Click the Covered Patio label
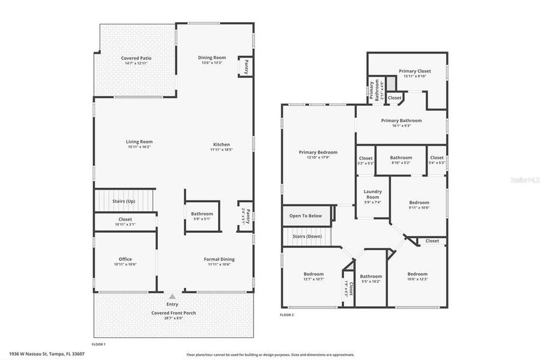click(136, 58)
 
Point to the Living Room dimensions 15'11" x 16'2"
click(139, 147)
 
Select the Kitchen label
click(221, 145)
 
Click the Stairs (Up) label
click(124, 201)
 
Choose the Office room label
click(125, 259)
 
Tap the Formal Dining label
click(221, 259)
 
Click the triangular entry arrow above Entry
click(172, 296)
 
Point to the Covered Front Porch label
click(173, 313)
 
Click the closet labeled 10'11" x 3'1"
click(125, 222)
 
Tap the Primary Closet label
click(407, 71)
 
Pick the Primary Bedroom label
click(318, 152)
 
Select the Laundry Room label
click(373, 194)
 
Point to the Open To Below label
click(306, 215)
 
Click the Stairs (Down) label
click(307, 236)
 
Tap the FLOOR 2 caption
click(287, 314)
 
